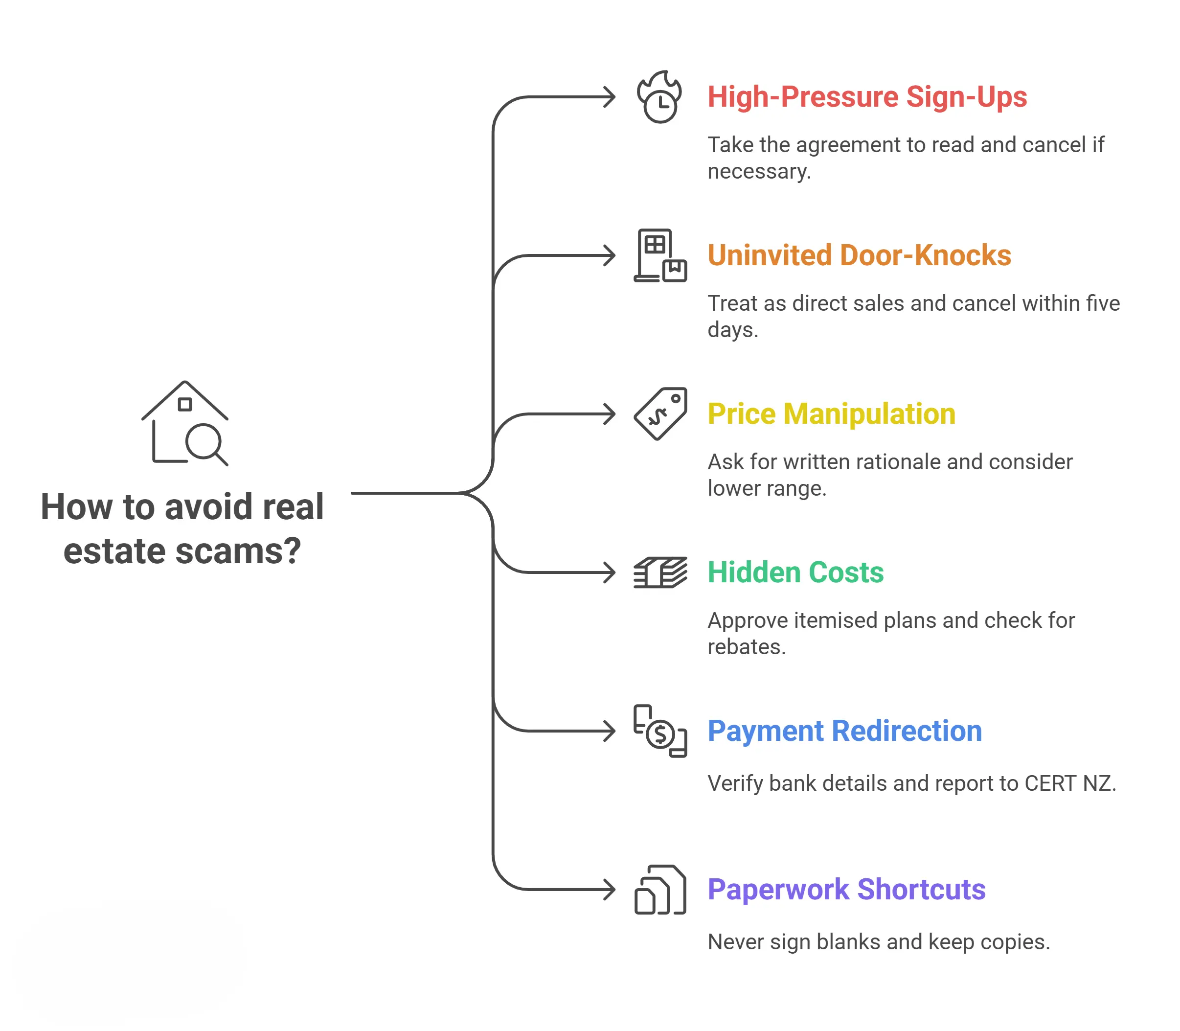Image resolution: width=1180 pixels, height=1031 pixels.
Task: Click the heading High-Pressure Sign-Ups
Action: (866, 97)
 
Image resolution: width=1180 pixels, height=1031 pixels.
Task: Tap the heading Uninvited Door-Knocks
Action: (859, 255)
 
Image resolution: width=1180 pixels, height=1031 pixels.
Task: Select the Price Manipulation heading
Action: (831, 414)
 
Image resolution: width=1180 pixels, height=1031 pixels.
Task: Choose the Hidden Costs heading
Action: (795, 573)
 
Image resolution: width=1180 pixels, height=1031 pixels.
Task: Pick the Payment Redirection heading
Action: (844, 731)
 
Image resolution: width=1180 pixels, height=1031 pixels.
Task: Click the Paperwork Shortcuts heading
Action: (846, 890)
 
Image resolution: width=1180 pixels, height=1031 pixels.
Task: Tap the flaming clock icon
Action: (659, 97)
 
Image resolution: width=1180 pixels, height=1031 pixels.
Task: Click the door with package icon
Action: (660, 255)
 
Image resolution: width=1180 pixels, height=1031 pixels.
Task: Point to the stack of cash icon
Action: (660, 573)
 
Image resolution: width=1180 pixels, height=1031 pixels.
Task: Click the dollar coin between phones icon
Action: (660, 731)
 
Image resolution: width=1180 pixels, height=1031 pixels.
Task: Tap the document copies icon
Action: (660, 890)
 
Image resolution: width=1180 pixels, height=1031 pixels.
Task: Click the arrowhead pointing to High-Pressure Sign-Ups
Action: (610, 97)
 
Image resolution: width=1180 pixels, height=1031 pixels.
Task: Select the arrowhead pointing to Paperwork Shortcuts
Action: (610, 890)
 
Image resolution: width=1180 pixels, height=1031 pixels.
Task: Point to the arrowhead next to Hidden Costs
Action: (610, 573)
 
